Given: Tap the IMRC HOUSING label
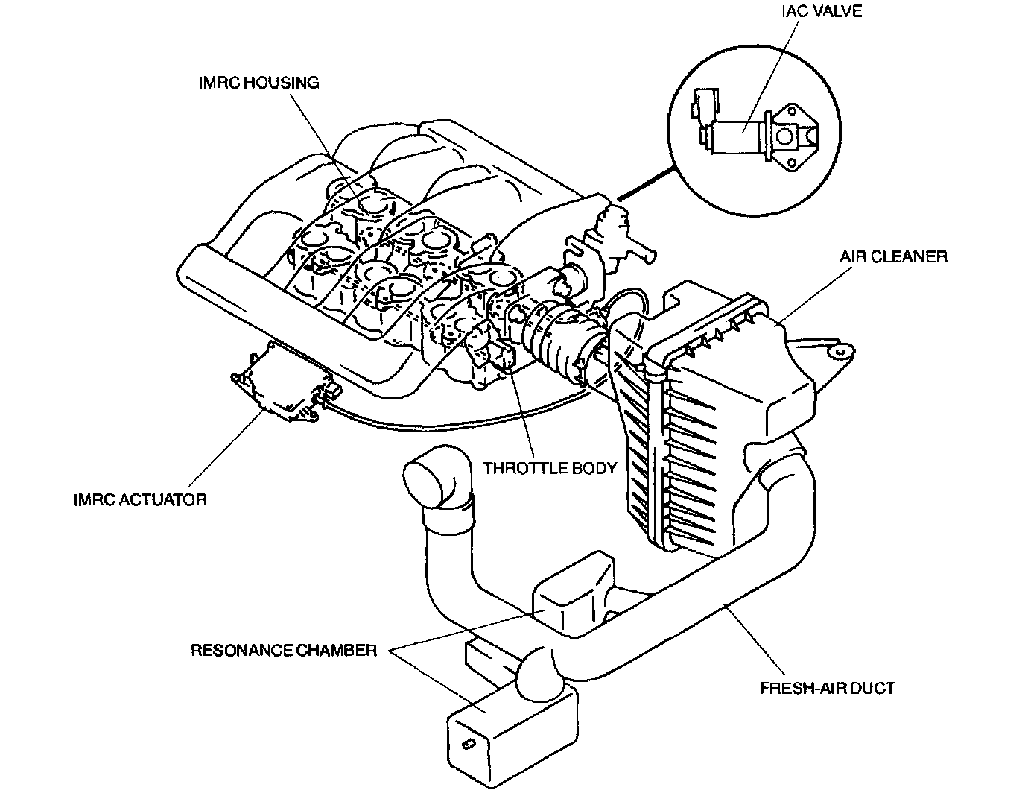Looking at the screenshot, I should click(258, 82).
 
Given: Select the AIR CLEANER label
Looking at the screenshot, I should click(893, 256).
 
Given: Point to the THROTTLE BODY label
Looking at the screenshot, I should click(550, 468).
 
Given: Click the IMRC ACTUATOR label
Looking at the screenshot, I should click(140, 499).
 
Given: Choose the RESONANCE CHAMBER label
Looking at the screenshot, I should click(284, 650).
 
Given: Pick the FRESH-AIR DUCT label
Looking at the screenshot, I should click(827, 687).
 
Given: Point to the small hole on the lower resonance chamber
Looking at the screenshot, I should click(467, 744).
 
